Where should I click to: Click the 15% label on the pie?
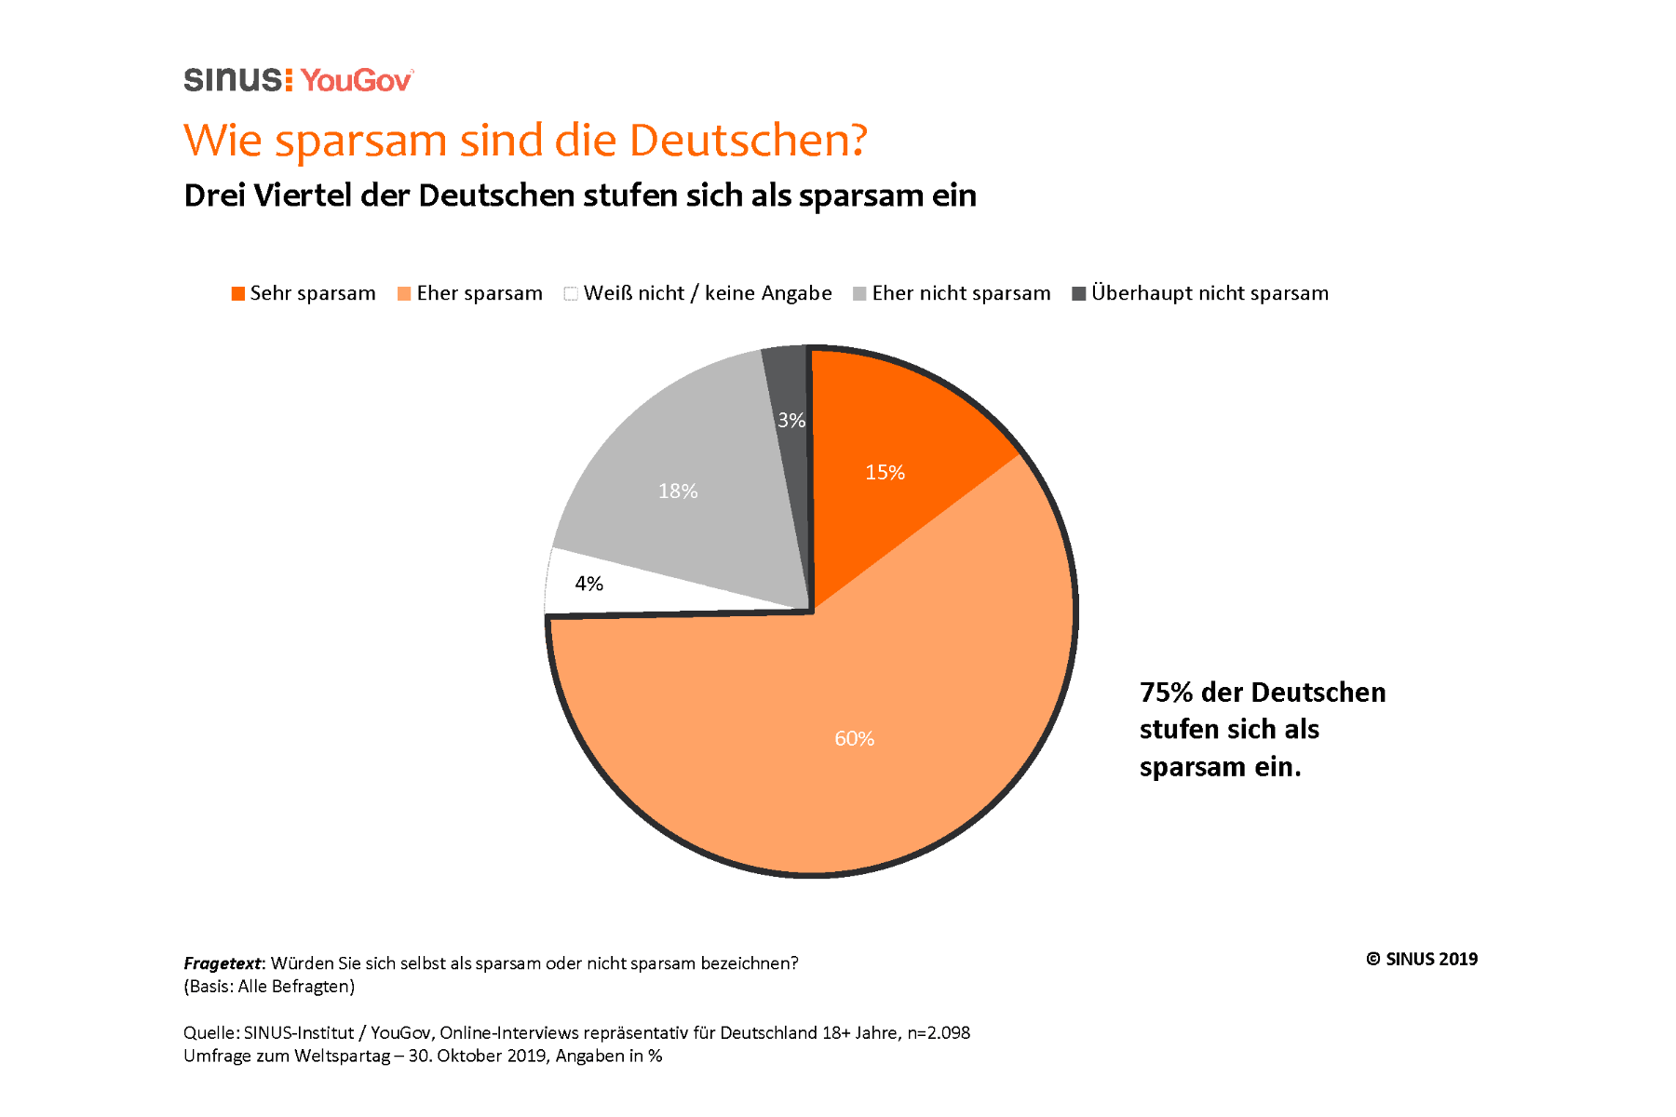click(x=885, y=473)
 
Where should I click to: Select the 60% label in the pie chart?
click(x=854, y=739)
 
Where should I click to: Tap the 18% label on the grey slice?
click(x=678, y=491)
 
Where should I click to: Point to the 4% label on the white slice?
click(x=588, y=584)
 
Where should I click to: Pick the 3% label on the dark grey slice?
click(x=791, y=421)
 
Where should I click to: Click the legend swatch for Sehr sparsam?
click(x=238, y=294)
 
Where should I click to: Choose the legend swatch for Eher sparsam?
click(x=404, y=294)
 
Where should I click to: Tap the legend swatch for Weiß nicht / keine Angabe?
click(x=571, y=294)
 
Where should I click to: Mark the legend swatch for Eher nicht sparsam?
click(x=859, y=294)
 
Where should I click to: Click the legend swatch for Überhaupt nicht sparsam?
click(x=1079, y=294)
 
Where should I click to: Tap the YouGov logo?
click(x=357, y=81)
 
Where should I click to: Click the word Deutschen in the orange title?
click(x=748, y=141)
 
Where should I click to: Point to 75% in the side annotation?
click(x=1166, y=693)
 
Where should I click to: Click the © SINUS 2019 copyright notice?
click(x=1421, y=960)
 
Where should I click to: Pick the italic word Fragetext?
click(x=222, y=963)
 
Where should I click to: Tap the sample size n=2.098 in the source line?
click(x=938, y=1033)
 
